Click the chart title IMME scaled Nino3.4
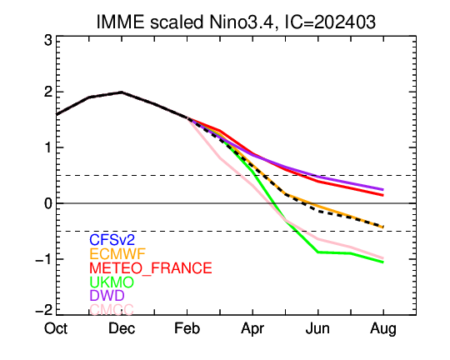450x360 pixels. pos(185,22)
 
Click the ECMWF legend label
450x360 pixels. pos(117,254)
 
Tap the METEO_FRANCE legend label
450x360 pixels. pos(151,268)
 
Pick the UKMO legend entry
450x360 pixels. pos(112,282)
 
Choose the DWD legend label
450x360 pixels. pos(107,295)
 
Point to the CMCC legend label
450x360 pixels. pos(112,310)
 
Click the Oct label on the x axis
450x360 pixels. pos(56,328)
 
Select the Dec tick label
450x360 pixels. pos(122,328)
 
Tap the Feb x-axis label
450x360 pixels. pos(187,328)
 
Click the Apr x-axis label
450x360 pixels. pos(252,329)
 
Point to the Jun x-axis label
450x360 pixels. pos(317,328)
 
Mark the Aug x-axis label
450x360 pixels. pos(383,329)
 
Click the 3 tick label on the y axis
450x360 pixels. pos(48,40)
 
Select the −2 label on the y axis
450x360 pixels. pos(44,310)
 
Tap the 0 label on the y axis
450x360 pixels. pos(48,203)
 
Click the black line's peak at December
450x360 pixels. pos(122,92)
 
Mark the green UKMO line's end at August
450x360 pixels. pos(383,262)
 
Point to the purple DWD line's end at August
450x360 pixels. pos(383,189)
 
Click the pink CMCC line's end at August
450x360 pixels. pos(383,258)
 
